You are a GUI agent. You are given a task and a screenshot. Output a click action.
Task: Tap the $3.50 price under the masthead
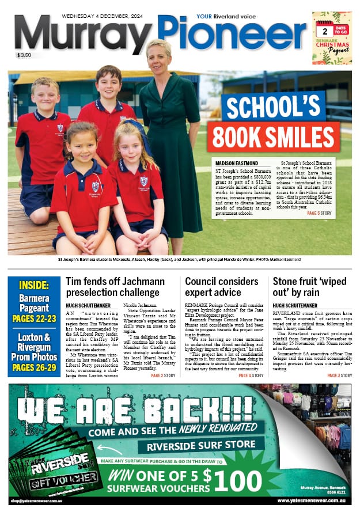tap(25, 55)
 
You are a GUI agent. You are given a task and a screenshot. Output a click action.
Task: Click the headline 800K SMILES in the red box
tap(273, 136)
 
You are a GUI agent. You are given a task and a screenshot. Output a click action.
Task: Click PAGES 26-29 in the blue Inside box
tap(34, 368)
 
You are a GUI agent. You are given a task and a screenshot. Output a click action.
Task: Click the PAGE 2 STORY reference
tap(164, 375)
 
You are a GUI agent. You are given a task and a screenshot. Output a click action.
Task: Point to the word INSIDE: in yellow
tap(34, 286)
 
